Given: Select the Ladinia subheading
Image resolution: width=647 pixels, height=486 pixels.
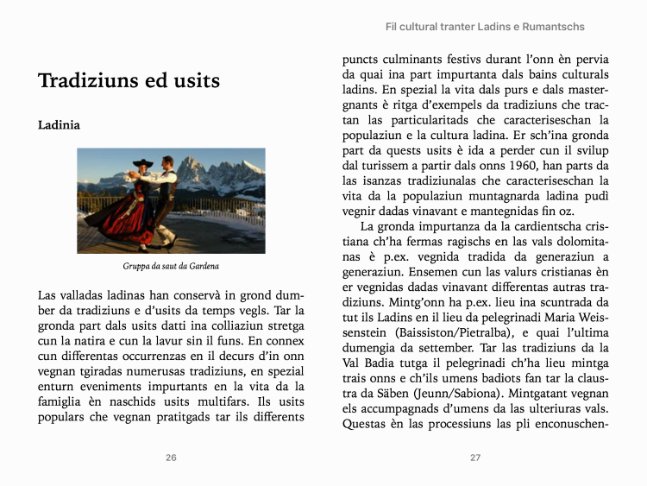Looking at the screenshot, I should (59, 125).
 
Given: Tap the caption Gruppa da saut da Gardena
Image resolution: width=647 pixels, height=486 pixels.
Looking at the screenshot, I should (171, 266).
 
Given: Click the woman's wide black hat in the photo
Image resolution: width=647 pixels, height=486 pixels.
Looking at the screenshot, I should (141, 164).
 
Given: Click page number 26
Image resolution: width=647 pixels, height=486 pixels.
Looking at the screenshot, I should (171, 458).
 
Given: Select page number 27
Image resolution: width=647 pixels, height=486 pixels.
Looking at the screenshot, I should (475, 458).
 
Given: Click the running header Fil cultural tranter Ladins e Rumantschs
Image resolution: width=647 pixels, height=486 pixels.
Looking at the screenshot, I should (485, 27).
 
